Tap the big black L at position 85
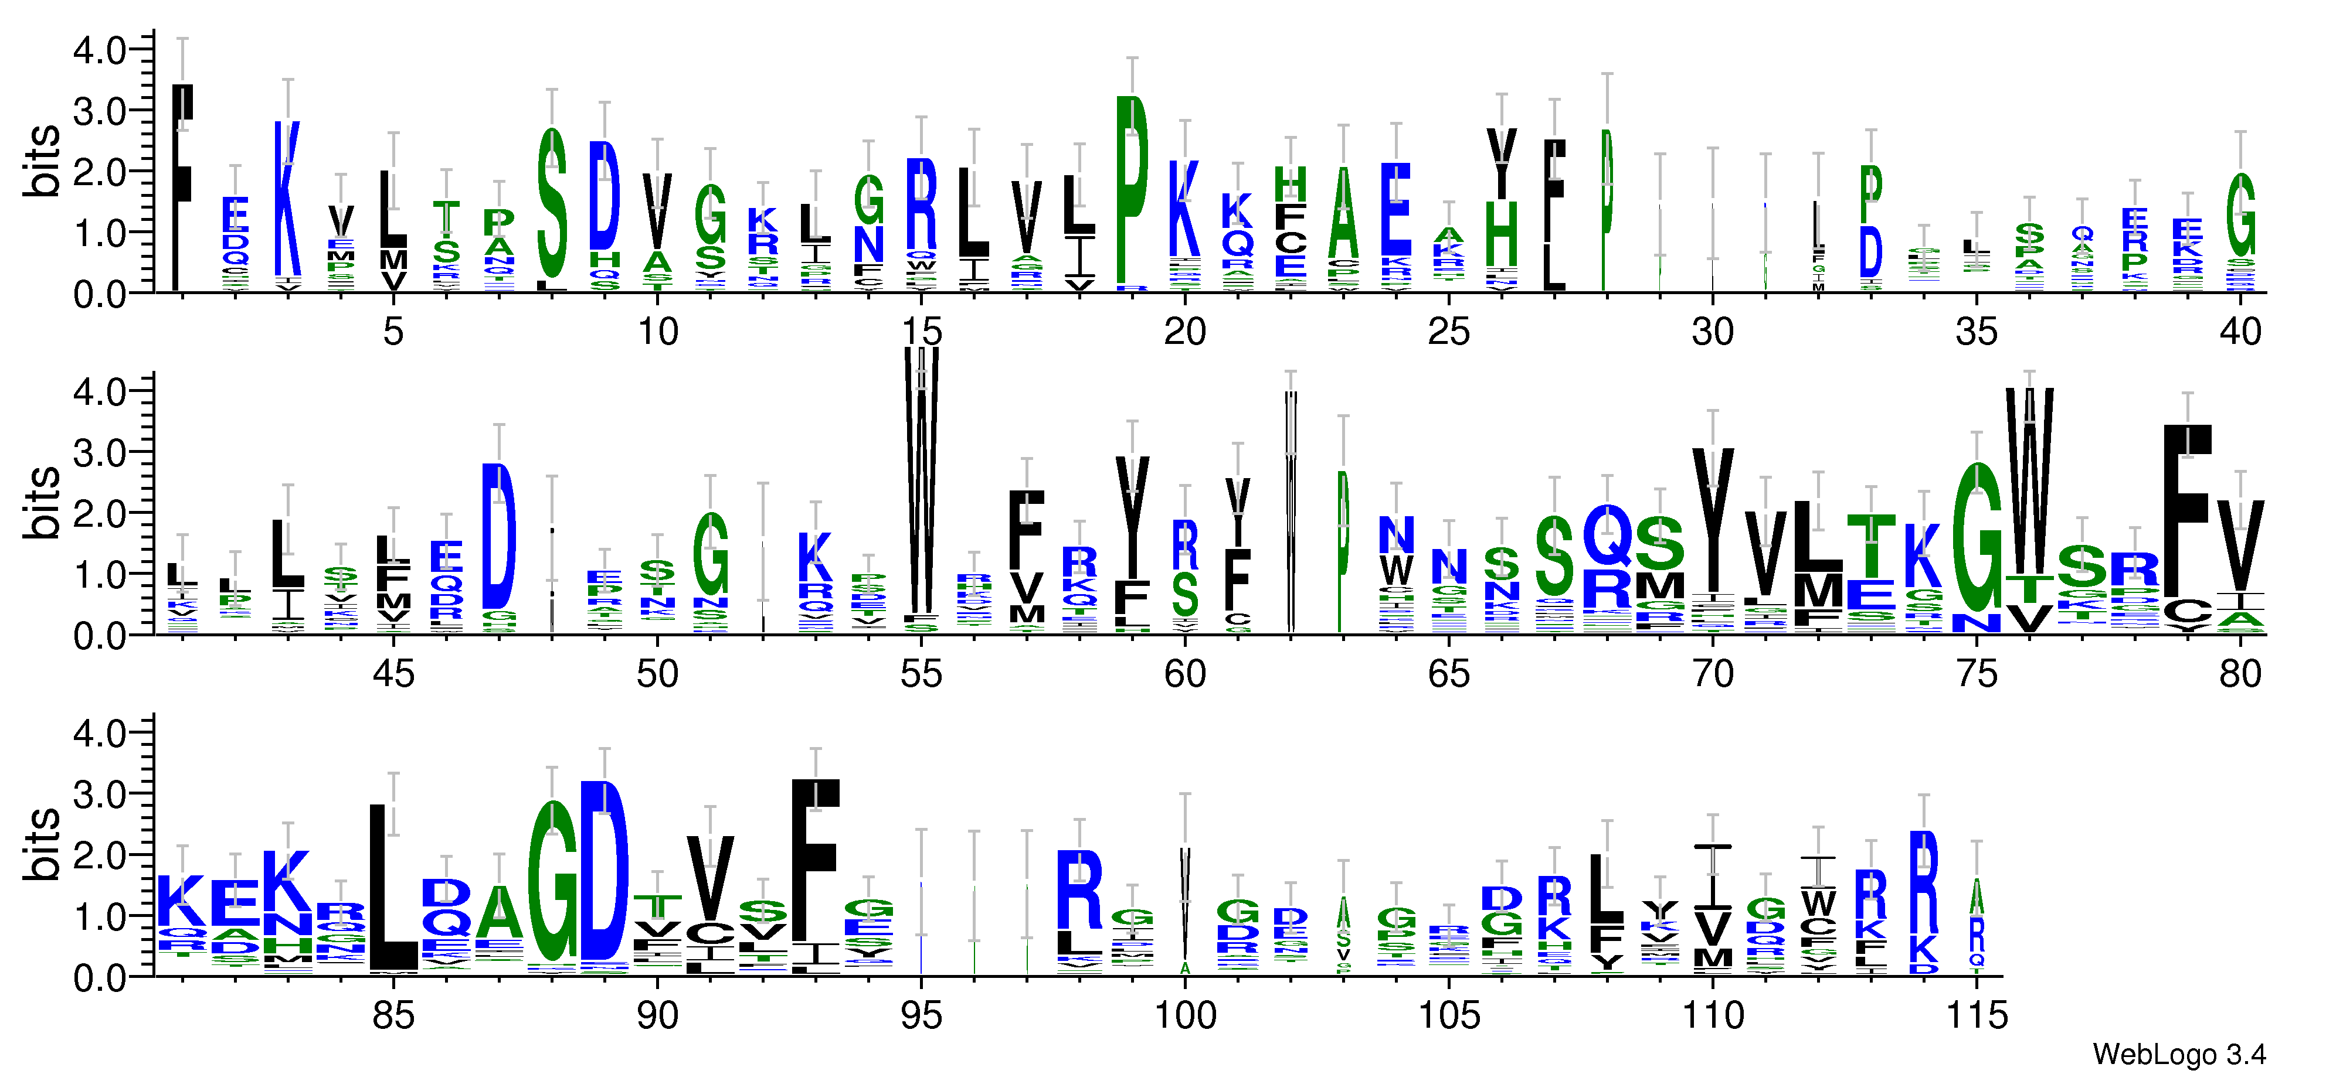coord(393,889)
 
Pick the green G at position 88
coord(552,882)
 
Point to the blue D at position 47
coord(498,536)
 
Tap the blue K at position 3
coord(287,199)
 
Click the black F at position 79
coord(2187,510)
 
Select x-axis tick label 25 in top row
coord(1448,332)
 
